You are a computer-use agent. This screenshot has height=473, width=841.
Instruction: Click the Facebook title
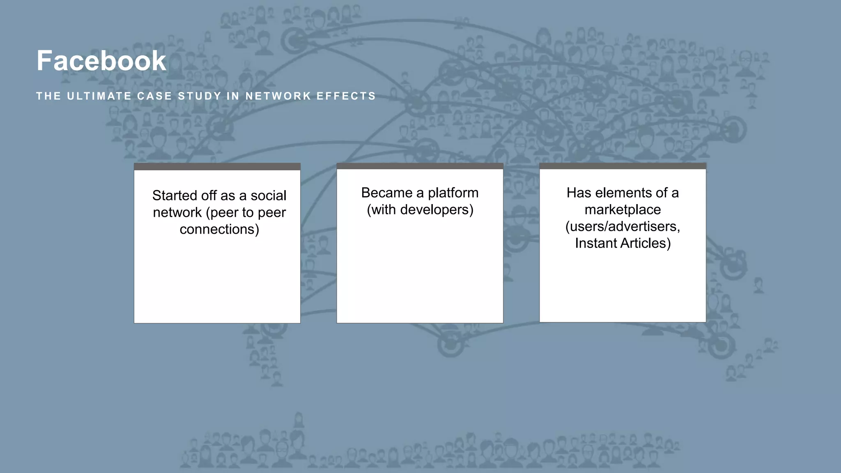click(x=101, y=61)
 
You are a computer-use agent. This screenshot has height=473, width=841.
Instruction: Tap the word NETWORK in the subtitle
click(x=278, y=96)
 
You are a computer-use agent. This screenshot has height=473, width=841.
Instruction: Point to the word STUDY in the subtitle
click(x=200, y=96)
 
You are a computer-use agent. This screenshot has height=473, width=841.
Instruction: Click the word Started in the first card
click(x=175, y=195)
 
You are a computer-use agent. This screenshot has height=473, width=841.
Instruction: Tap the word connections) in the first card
click(x=219, y=229)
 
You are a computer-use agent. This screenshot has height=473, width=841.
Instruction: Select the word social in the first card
click(x=268, y=195)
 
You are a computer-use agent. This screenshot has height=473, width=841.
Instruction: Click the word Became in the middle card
click(x=386, y=193)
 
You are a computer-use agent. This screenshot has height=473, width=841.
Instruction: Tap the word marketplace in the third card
click(x=623, y=210)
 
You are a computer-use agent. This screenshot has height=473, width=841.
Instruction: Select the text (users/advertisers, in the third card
click(x=623, y=227)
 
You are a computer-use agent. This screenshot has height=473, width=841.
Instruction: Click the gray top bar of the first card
click(x=217, y=167)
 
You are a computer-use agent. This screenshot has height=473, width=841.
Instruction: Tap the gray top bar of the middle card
click(x=420, y=166)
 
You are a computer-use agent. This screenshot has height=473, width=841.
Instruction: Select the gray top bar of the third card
click(x=623, y=166)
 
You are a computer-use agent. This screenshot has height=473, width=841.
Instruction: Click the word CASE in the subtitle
click(x=154, y=96)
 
